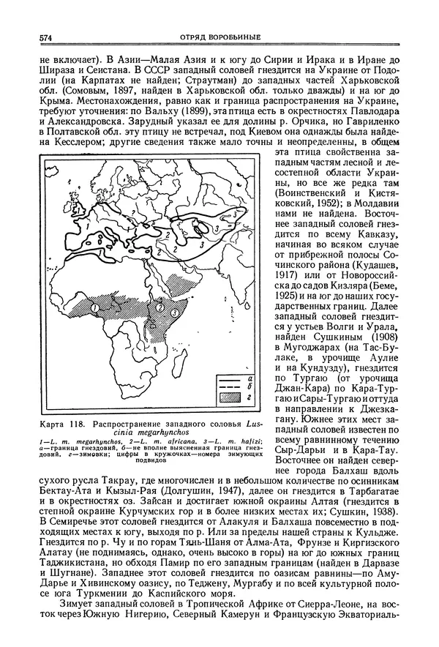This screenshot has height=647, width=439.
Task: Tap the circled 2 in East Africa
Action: click(160, 307)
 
